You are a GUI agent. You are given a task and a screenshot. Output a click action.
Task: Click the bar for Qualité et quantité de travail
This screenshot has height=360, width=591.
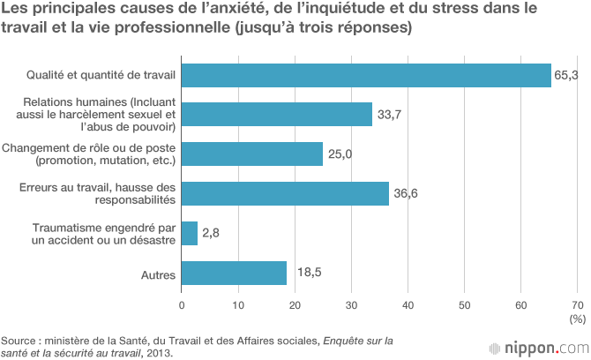tap(366, 76)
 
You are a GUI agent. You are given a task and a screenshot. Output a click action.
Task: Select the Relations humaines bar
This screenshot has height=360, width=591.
tap(277, 115)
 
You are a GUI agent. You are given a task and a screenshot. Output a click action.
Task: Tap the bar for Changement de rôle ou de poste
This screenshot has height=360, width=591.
tap(252, 154)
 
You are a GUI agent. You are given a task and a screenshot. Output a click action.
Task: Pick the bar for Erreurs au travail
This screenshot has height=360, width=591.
tap(285, 194)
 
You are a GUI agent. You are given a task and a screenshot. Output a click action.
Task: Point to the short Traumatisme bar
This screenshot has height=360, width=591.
tap(190, 234)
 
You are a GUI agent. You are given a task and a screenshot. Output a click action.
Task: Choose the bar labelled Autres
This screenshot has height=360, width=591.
tap(234, 274)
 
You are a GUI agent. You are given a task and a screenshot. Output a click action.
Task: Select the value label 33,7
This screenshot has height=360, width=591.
tap(390, 115)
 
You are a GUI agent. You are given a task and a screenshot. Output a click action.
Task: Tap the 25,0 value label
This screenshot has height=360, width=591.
tap(340, 154)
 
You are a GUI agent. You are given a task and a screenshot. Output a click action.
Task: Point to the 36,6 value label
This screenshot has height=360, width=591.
tap(406, 194)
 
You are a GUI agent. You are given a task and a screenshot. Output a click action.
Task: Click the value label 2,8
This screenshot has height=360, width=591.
tap(211, 234)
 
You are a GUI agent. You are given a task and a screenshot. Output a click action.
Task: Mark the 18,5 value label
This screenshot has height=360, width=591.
tap(304, 274)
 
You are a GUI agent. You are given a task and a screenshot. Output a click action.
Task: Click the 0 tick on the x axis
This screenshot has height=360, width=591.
tap(182, 304)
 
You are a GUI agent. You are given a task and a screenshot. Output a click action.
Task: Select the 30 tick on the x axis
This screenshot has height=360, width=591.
tap(351, 304)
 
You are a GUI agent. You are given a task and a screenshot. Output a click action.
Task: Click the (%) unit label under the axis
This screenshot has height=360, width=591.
tap(577, 318)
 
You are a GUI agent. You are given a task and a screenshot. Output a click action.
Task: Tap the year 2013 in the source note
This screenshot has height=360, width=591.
tap(161, 353)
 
